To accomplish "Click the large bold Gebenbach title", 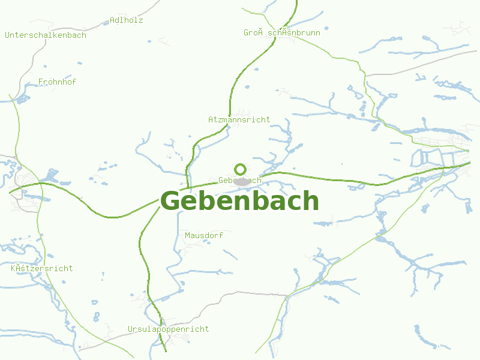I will click(x=239, y=201).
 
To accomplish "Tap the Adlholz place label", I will click(x=127, y=20).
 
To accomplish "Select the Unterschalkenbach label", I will click(x=46, y=35).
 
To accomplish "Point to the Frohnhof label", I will click(x=57, y=82).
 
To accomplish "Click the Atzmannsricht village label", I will click(x=239, y=119).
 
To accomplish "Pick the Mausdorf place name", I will click(x=204, y=235).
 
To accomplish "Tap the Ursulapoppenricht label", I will click(x=169, y=329).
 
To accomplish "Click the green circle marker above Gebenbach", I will click(x=240, y=169).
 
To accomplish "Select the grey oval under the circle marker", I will click(x=242, y=181).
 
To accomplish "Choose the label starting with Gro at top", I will click(x=282, y=32).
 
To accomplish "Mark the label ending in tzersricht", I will click(x=42, y=268).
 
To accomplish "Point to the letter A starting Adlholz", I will click(x=112, y=20).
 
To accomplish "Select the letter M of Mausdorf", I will click(x=188, y=235).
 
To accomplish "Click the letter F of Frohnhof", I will click(x=40, y=82).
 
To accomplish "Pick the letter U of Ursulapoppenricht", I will click(x=130, y=329).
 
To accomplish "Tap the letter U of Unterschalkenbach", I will click(x=7, y=35).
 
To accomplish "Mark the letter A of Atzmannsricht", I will click(x=211, y=119).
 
